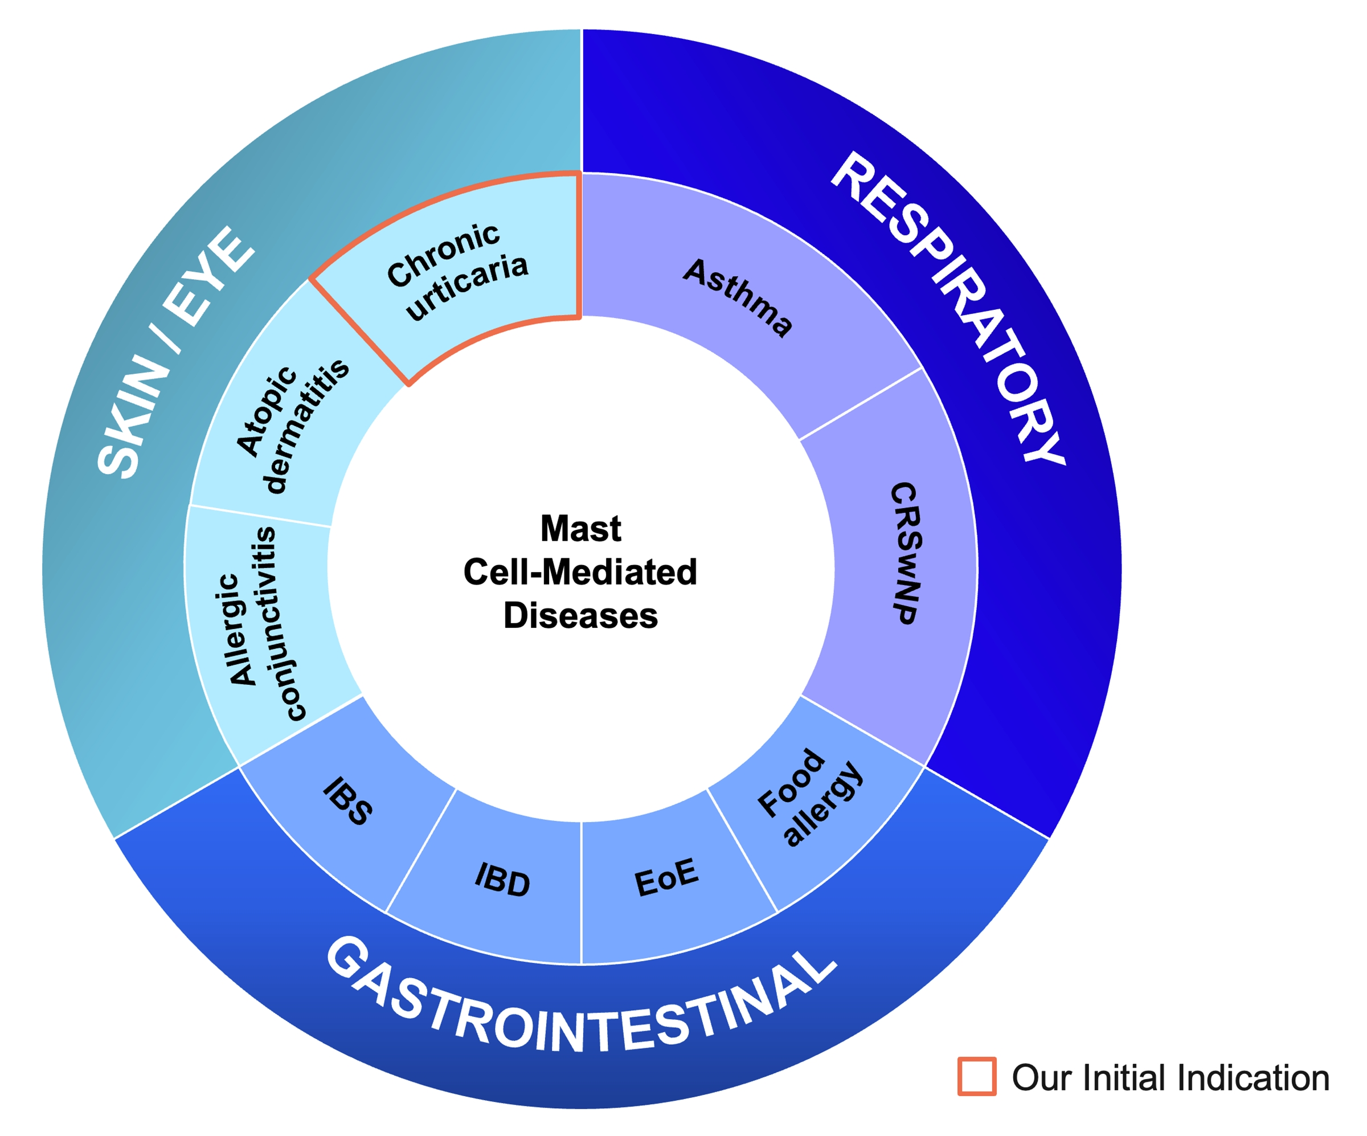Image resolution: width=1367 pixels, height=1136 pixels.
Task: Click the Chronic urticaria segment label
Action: pyautogui.click(x=457, y=272)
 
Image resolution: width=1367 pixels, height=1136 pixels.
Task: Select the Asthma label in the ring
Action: pyautogui.click(x=738, y=297)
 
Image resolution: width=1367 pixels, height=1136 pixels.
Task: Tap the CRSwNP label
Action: pyautogui.click(x=906, y=553)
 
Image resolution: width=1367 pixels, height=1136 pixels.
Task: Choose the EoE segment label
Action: pyautogui.click(x=666, y=877)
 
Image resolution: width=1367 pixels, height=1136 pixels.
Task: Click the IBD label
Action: pyautogui.click(x=502, y=879)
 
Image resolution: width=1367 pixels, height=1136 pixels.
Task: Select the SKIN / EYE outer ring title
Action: pyautogui.click(x=175, y=352)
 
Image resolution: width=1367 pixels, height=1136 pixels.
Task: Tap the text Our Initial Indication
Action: pyautogui.click(x=1170, y=1077)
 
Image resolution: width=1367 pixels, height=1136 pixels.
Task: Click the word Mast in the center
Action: pyautogui.click(x=580, y=528)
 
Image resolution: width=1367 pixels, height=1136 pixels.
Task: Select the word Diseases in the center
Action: pyautogui.click(x=580, y=615)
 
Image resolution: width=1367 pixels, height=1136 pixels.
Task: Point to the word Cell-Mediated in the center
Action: pyautogui.click(x=580, y=571)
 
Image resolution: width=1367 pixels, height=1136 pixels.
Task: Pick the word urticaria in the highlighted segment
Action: pyautogui.click(x=466, y=287)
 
